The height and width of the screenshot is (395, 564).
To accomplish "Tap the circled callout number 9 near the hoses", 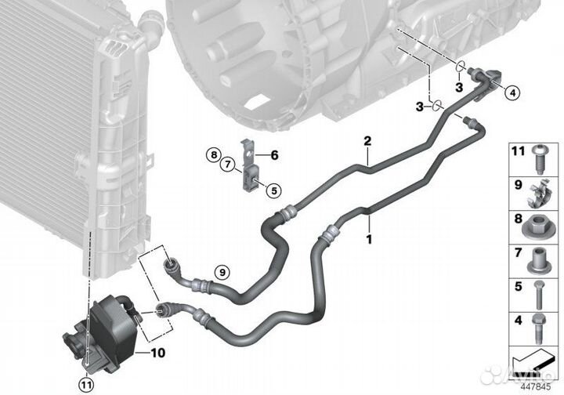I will [x=221, y=272].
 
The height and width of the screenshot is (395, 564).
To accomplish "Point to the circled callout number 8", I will [x=211, y=155].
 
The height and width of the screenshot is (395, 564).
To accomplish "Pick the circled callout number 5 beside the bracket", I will [x=272, y=189].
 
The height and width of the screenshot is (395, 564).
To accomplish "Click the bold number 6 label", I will [x=275, y=155].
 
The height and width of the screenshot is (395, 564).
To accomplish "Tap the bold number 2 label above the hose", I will [x=365, y=141].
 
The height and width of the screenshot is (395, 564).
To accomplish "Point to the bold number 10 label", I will [x=158, y=353].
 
